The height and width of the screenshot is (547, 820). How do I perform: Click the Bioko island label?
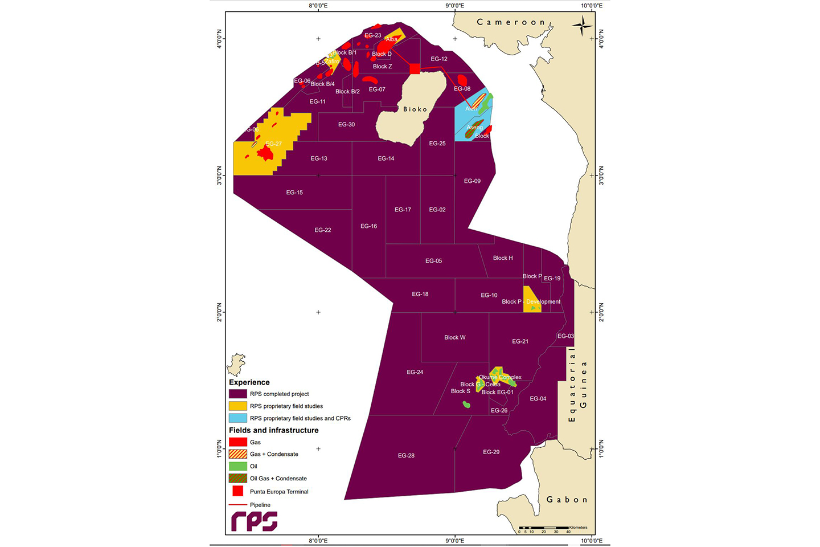tap(415, 109)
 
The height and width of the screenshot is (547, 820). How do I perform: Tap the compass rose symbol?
tap(581, 26)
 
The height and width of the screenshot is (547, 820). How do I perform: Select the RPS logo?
tap(254, 521)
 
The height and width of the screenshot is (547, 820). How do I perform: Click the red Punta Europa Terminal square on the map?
tap(415, 69)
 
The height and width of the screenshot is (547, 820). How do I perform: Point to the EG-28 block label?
tap(406, 456)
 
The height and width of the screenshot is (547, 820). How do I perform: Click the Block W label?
tap(454, 338)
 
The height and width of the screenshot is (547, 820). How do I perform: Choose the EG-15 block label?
tap(294, 193)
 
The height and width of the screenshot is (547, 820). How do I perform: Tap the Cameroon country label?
tap(511, 22)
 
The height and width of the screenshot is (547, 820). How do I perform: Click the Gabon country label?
tap(567, 500)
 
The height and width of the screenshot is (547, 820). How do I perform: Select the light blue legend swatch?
tap(237, 418)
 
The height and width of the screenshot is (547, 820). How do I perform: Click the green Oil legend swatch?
tap(237, 466)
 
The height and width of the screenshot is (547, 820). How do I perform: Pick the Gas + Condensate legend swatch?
tap(237, 454)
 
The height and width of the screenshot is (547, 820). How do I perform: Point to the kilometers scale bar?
tap(544, 528)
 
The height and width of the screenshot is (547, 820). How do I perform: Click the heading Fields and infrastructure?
tap(273, 430)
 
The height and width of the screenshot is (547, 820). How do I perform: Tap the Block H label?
tap(503, 258)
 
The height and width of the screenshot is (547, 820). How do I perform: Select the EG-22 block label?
tap(323, 230)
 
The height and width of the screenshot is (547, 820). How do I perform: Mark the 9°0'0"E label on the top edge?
tap(454, 6)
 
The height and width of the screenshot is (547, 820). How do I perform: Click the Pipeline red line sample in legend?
tap(237, 505)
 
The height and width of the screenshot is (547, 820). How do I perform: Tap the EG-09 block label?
tap(472, 181)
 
